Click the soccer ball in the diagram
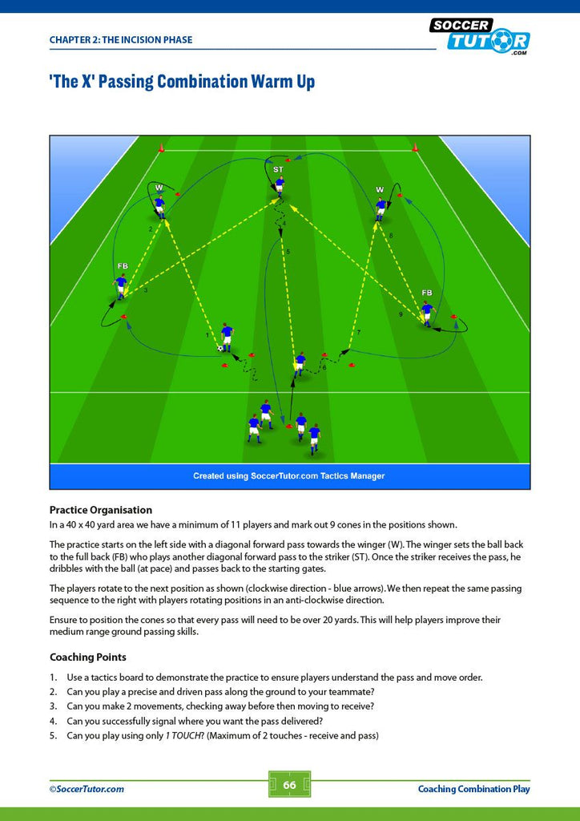[x=220, y=348]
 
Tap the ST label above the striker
[x=278, y=170]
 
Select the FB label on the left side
[x=123, y=266]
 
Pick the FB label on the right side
[x=427, y=292]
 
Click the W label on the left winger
[x=159, y=187]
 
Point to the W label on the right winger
[x=380, y=189]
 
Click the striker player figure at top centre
[x=280, y=188]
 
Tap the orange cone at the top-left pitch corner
[x=161, y=148]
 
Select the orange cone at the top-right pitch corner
[x=415, y=148]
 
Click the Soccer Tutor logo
[x=480, y=35]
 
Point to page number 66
[x=289, y=785]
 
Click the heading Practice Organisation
[x=101, y=510]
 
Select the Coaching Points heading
[x=88, y=657]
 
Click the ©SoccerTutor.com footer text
[x=87, y=789]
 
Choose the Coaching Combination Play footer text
[x=473, y=789]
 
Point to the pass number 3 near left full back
[x=145, y=290]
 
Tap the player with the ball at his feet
[x=227, y=338]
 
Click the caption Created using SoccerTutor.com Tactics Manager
[x=289, y=476]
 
